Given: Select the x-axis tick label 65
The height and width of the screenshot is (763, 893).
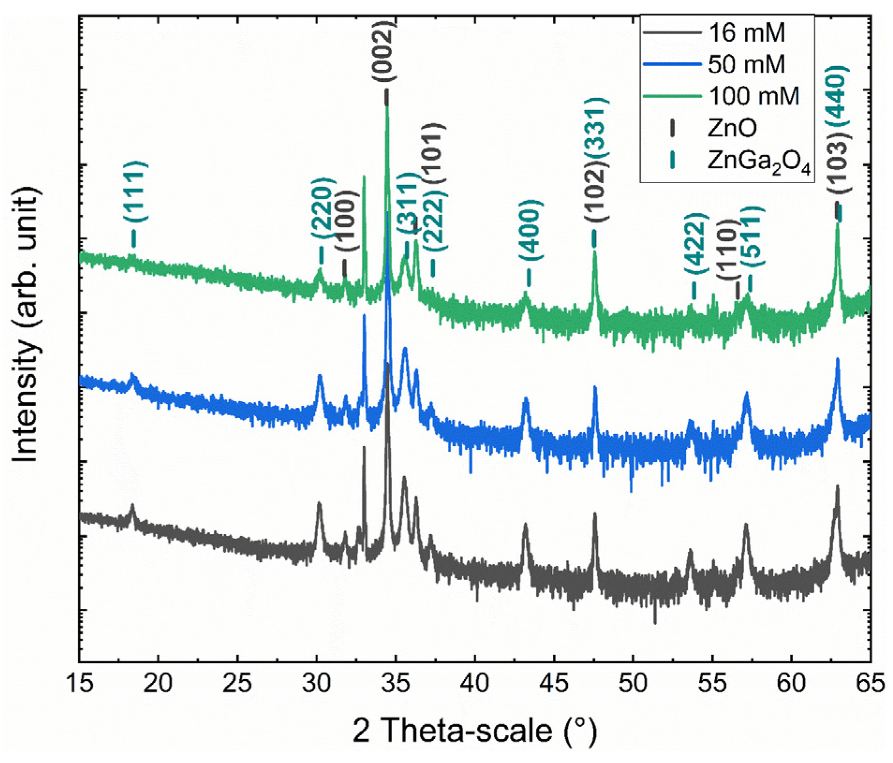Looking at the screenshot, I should pyautogui.click(x=870, y=684).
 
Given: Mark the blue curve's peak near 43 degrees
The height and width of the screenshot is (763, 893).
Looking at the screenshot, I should pyautogui.click(x=525, y=399).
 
